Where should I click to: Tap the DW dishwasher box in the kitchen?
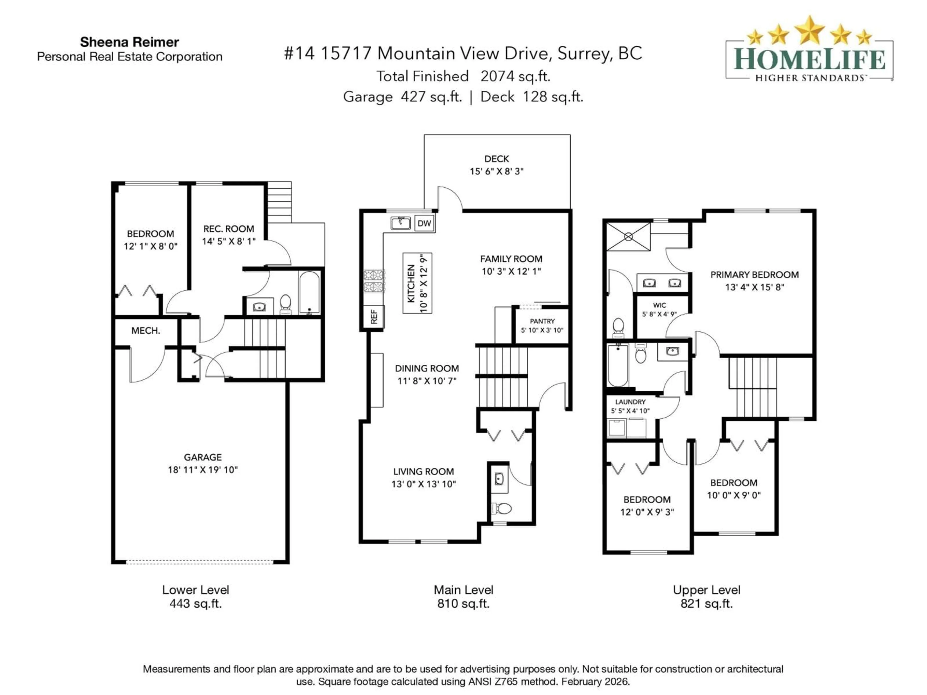[x=424, y=223]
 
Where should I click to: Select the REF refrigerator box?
[x=374, y=316]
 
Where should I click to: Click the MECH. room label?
[x=145, y=331]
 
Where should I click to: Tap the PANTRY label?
[x=542, y=321]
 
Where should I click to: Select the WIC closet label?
[x=659, y=305]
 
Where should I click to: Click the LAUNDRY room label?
[x=630, y=402]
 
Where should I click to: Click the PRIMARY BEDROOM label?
[x=754, y=275]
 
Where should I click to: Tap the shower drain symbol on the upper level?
[x=628, y=237]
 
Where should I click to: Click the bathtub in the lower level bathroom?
[x=309, y=292]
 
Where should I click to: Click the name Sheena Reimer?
[x=129, y=42]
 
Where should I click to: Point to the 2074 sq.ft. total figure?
[x=515, y=76]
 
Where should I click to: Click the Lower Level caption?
[x=195, y=590]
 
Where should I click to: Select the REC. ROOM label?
[x=228, y=229]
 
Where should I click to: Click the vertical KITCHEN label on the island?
[x=411, y=283]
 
